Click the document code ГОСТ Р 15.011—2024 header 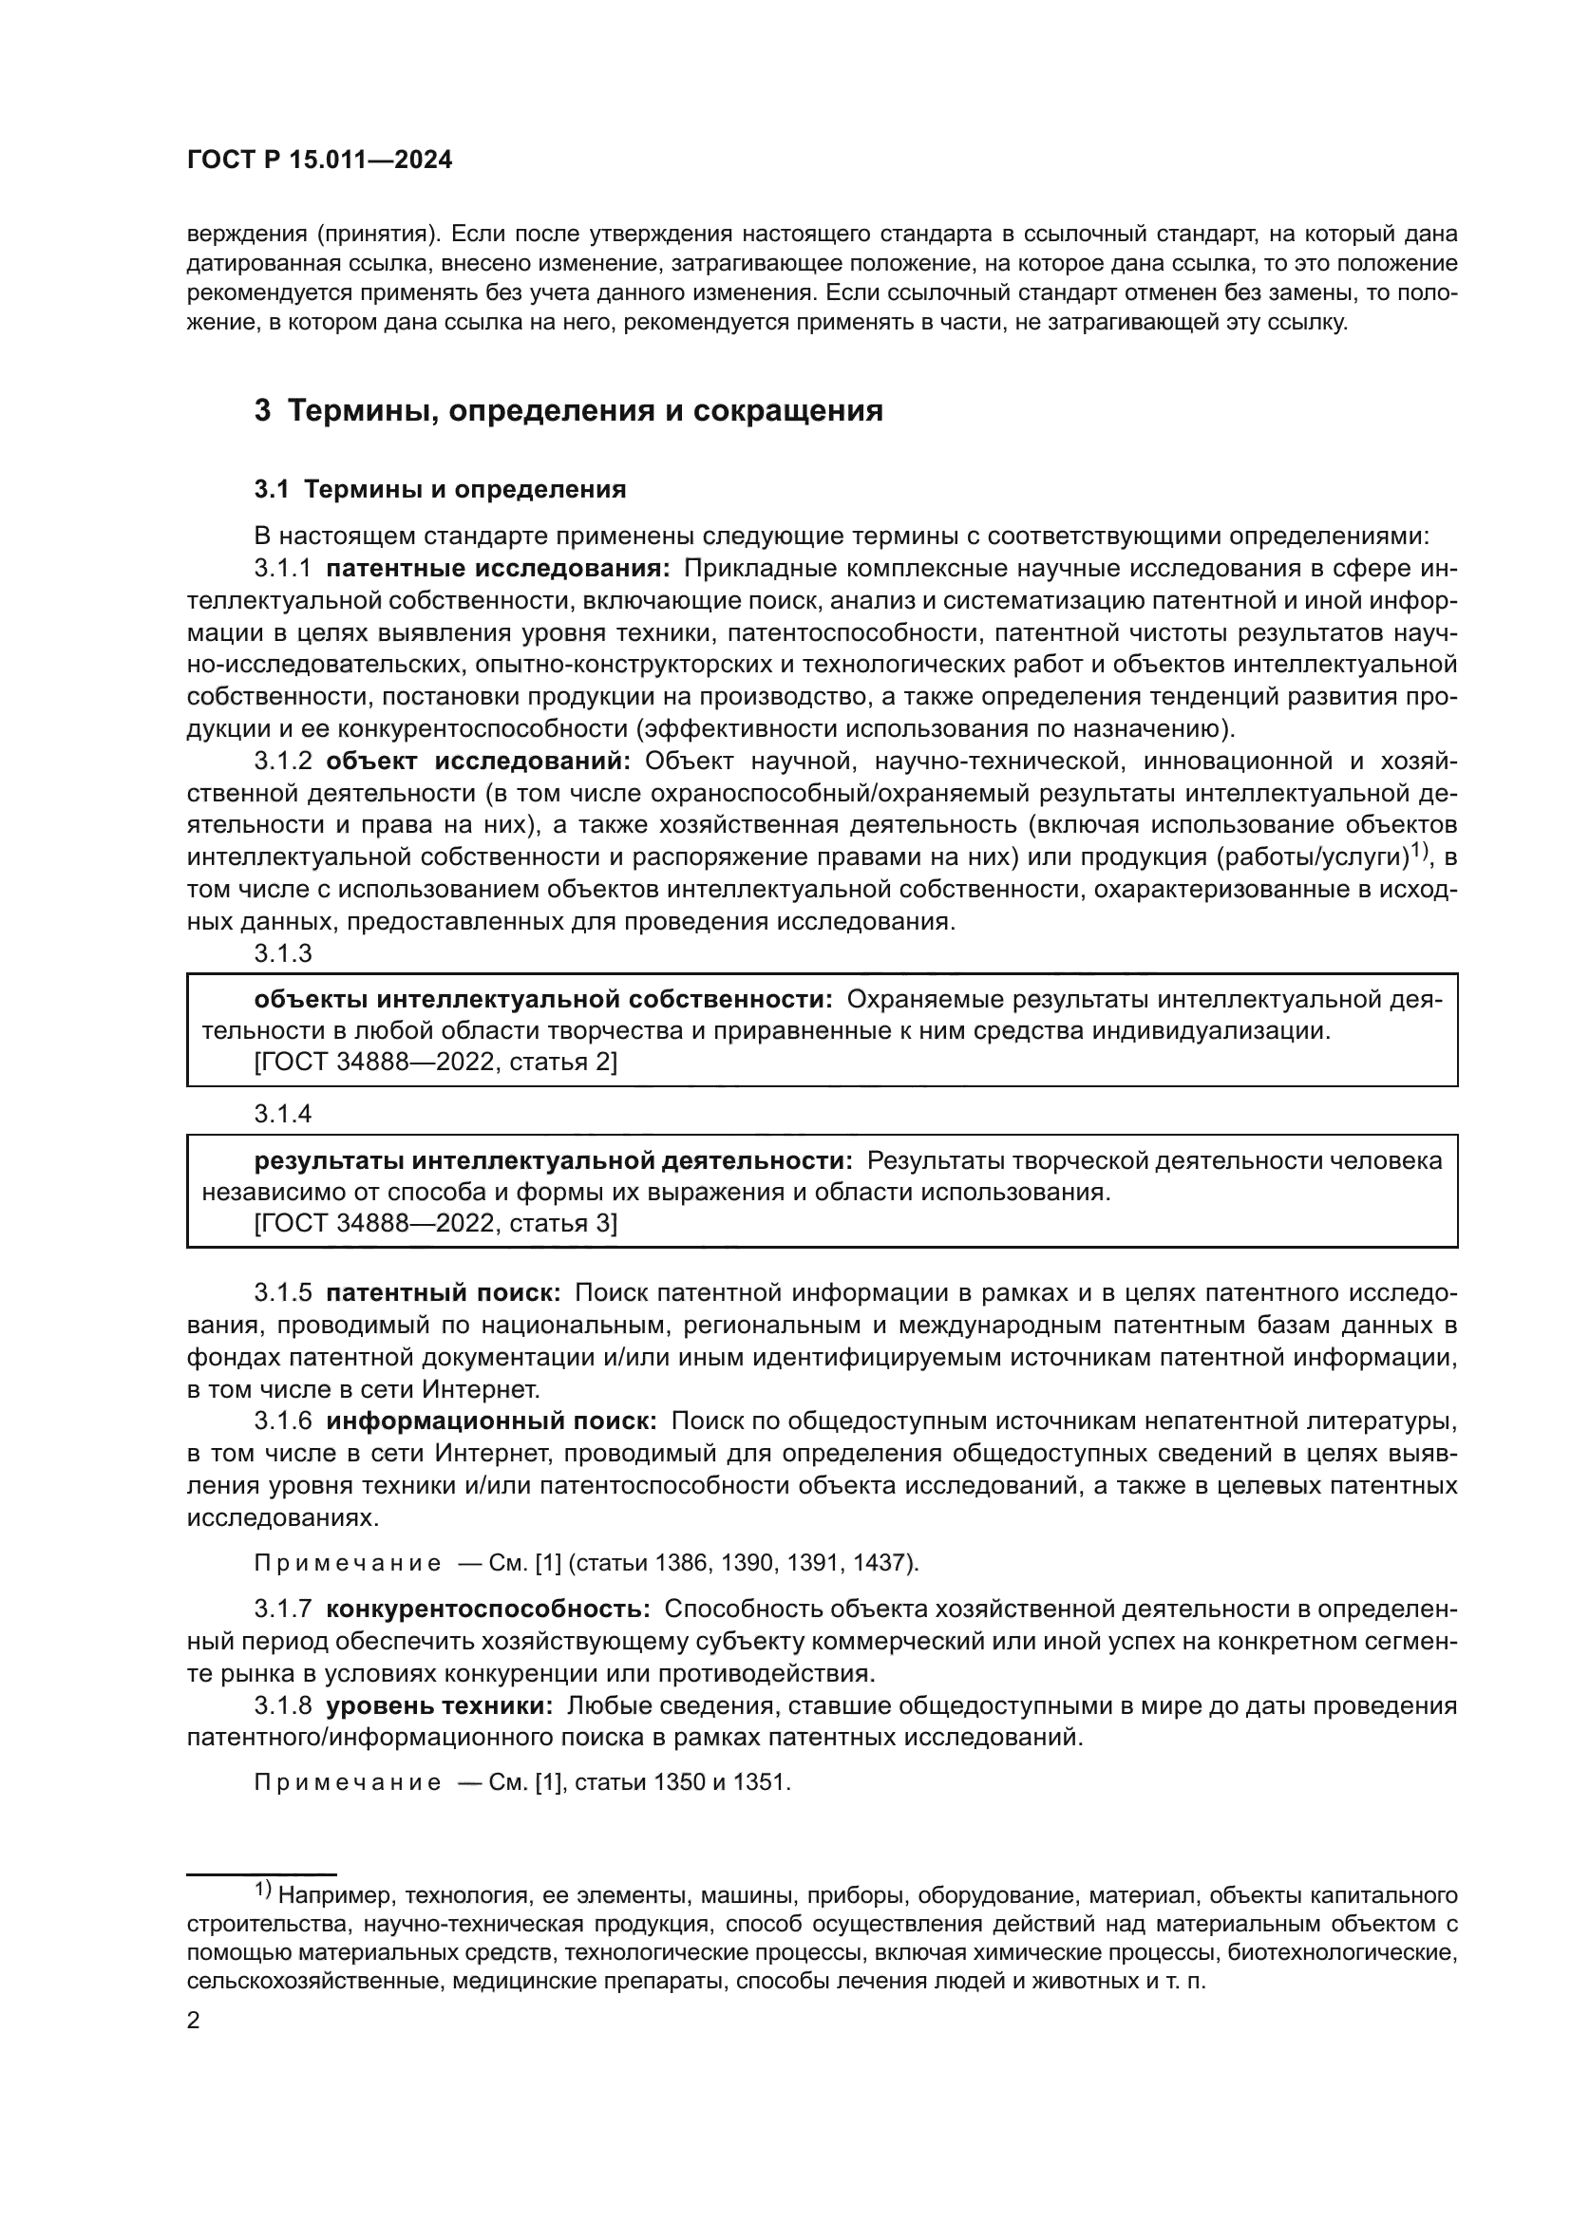pyautogui.click(x=319, y=160)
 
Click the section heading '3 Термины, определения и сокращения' pyautogui.click(x=569, y=410)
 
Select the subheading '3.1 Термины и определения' pyautogui.click(x=440, y=489)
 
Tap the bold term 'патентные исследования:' pyautogui.click(x=499, y=568)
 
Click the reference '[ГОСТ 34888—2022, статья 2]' pyautogui.click(x=435, y=1063)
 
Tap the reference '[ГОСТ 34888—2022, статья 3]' pyautogui.click(x=435, y=1224)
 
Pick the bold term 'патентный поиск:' pyautogui.click(x=443, y=1293)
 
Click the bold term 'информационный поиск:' pyautogui.click(x=491, y=1421)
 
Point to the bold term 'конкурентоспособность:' pyautogui.click(x=488, y=1609)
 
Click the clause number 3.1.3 pyautogui.click(x=282, y=952)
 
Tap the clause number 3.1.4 pyautogui.click(x=282, y=1114)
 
